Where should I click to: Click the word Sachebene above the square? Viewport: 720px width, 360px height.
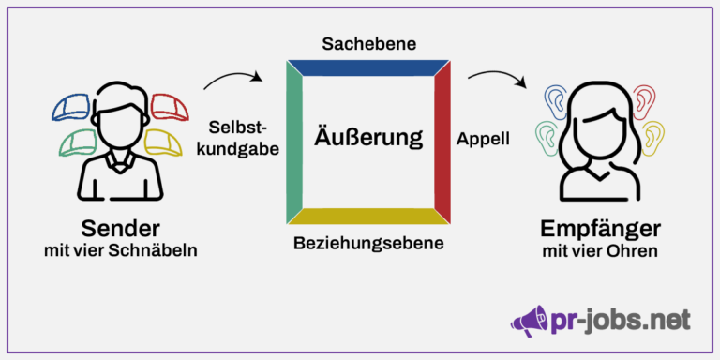point(368,44)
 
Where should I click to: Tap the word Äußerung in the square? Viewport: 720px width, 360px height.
point(368,138)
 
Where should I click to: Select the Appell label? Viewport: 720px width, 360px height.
point(483,139)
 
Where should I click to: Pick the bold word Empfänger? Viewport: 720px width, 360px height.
point(600,228)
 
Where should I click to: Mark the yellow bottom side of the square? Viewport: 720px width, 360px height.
point(368,217)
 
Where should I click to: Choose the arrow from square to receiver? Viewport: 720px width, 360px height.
point(498,81)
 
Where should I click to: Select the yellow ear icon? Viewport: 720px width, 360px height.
point(652,136)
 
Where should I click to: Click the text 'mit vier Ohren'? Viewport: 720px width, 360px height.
point(599,251)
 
